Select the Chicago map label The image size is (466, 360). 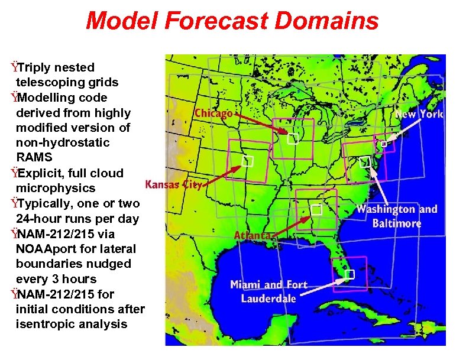tap(213, 113)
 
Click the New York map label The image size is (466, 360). tap(419, 114)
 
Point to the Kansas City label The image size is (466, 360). tap(174, 184)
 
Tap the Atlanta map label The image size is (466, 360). tap(253, 235)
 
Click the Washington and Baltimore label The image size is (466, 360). tap(397, 216)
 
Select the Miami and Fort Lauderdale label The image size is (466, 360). tap(269, 291)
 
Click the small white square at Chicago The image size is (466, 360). tap(292, 140)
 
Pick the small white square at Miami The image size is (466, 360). tap(350, 274)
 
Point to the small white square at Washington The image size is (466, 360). tap(365, 161)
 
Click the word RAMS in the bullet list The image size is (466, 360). tap(34, 158)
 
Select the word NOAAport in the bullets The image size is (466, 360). tap(47, 249)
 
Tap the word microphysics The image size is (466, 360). tap(56, 188)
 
